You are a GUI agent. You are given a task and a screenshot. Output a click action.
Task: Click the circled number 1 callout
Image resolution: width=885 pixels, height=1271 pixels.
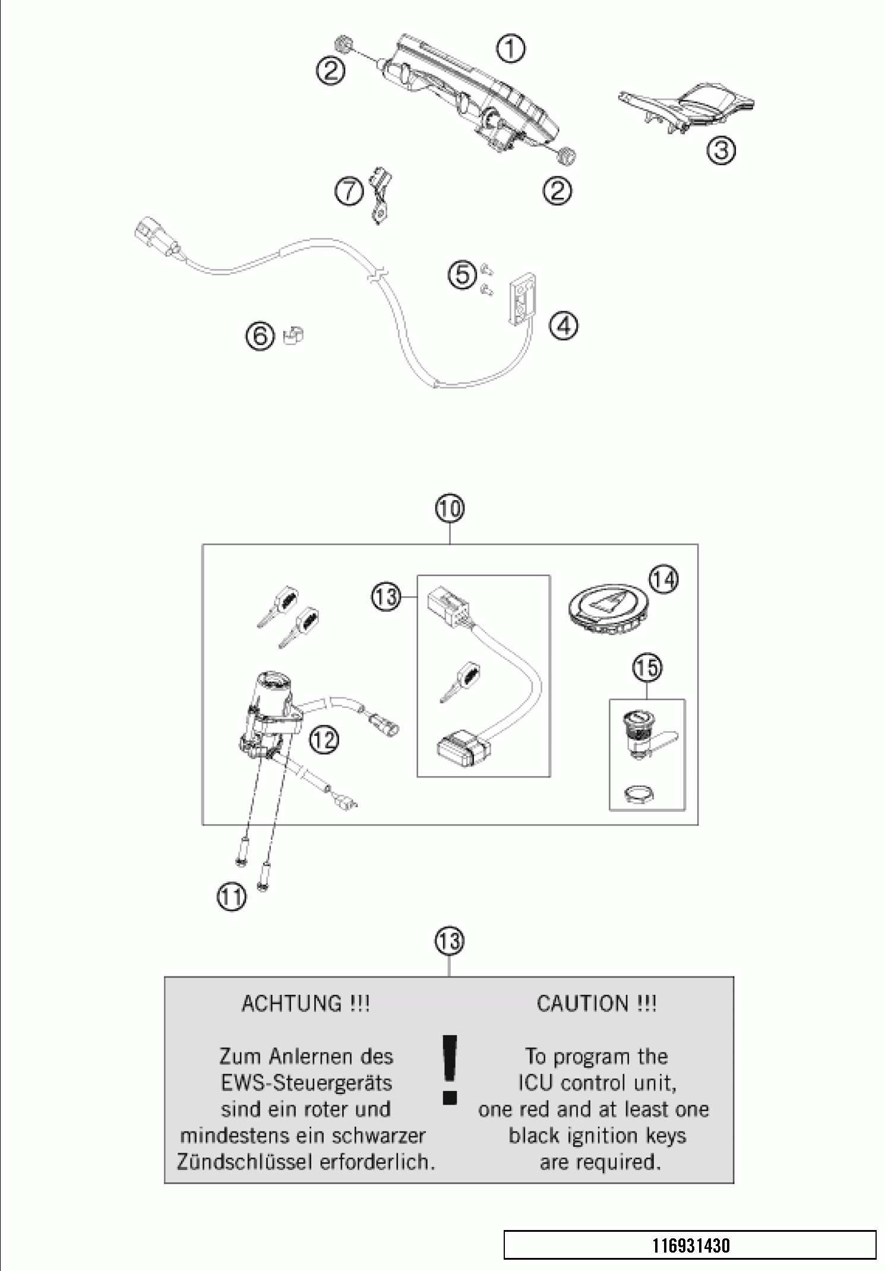coord(511,49)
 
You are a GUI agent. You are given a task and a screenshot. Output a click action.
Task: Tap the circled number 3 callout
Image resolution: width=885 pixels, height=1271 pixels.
coord(720,150)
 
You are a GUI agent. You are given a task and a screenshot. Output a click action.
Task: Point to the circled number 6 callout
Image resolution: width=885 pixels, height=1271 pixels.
coord(260,337)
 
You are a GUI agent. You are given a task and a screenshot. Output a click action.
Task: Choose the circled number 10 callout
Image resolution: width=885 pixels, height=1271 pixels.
coord(450,509)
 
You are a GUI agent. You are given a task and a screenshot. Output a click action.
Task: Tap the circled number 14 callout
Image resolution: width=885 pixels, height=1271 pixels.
coord(663,579)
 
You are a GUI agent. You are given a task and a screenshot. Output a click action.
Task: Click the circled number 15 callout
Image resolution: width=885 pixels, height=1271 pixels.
coord(647,668)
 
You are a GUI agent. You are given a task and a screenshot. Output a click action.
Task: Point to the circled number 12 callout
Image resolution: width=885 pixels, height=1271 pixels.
coord(324,739)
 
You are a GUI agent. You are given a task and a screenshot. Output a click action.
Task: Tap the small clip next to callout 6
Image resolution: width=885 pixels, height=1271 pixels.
coord(293,336)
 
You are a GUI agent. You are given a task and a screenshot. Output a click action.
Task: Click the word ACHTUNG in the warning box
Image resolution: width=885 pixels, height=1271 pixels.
coord(290,1004)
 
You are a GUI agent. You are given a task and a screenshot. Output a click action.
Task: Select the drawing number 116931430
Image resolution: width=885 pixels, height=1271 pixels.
coord(691,1245)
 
